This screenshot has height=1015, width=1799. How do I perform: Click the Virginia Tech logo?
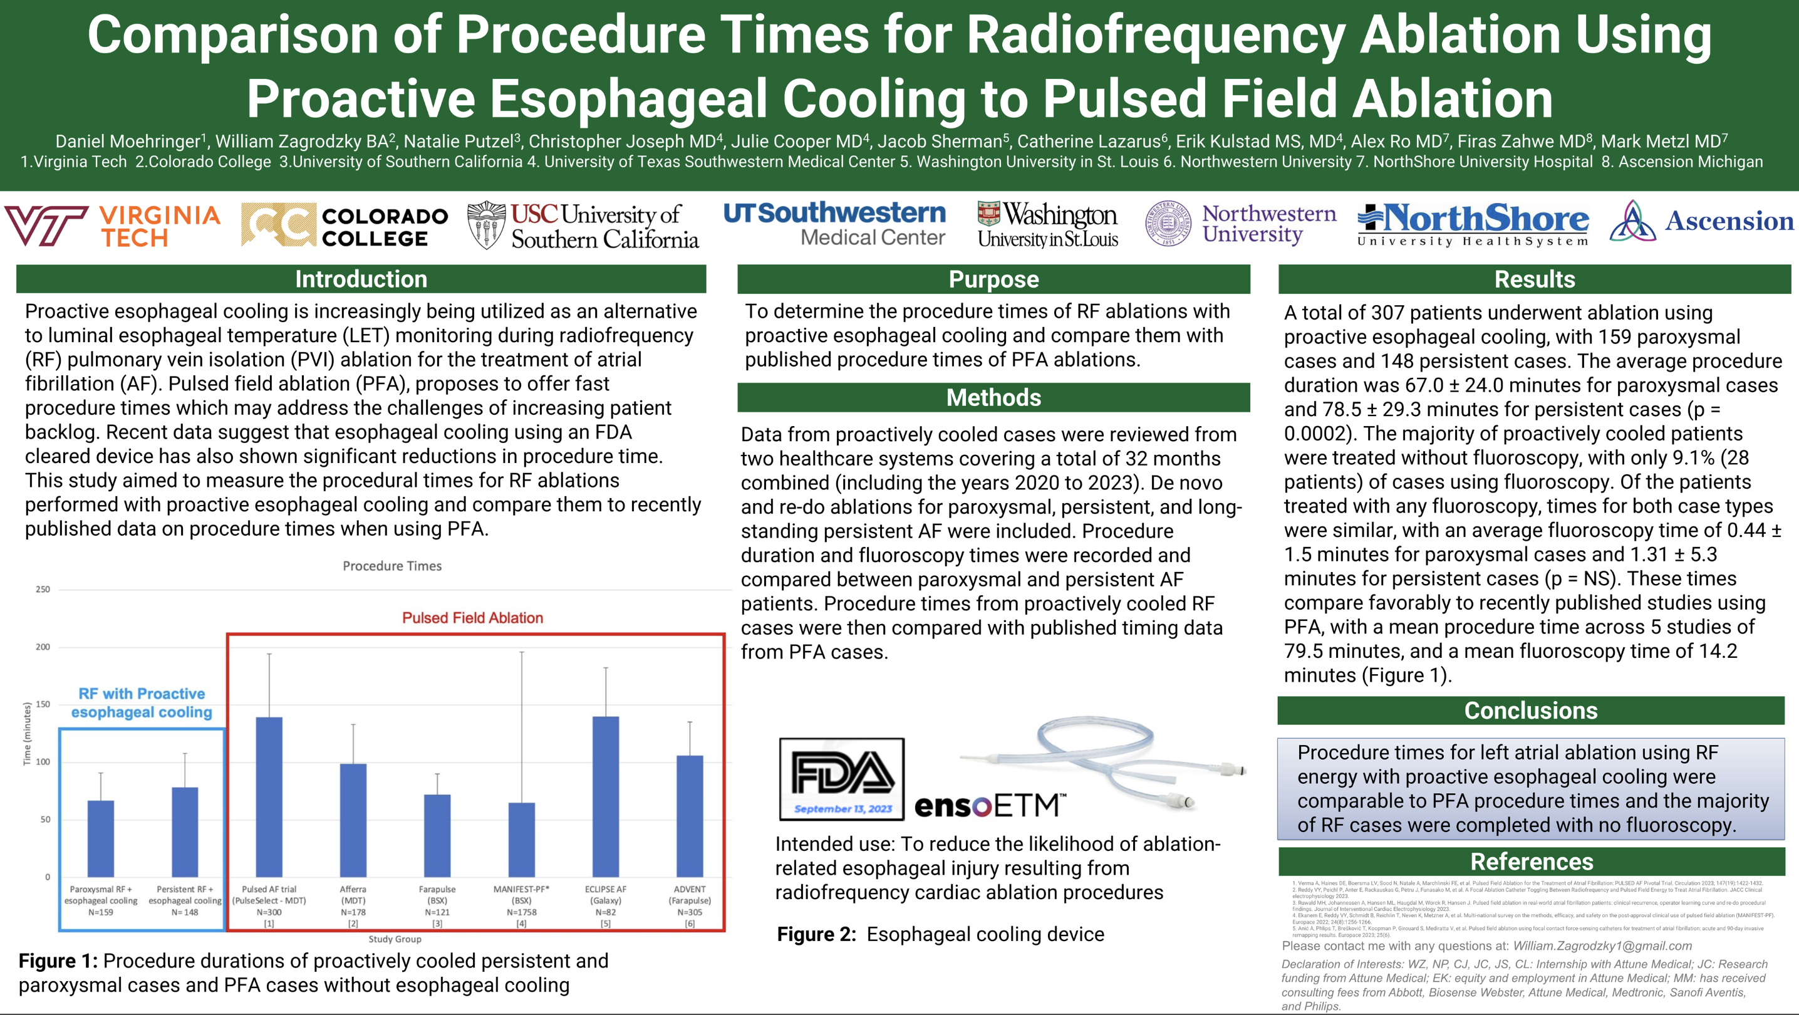tap(111, 226)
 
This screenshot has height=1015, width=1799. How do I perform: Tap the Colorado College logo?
tap(345, 226)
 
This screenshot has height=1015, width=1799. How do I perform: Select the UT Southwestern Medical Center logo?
tap(834, 224)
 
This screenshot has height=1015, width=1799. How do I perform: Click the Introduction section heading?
tap(360, 279)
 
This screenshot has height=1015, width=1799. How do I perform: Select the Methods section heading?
tap(993, 397)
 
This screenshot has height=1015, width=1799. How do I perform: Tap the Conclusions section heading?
tap(1531, 710)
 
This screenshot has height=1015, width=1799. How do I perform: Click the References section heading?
tap(1532, 861)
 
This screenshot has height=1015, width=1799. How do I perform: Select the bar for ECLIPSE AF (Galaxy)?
tap(606, 796)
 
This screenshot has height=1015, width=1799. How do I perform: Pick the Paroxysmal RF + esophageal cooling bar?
tap(101, 838)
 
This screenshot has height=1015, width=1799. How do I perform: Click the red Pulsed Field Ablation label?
tap(472, 618)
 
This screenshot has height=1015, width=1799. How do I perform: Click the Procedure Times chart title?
tap(391, 566)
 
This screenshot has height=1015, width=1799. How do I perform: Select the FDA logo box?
tap(841, 779)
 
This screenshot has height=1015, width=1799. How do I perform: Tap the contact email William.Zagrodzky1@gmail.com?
tap(1602, 946)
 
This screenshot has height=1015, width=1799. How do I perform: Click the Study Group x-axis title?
tap(395, 939)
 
